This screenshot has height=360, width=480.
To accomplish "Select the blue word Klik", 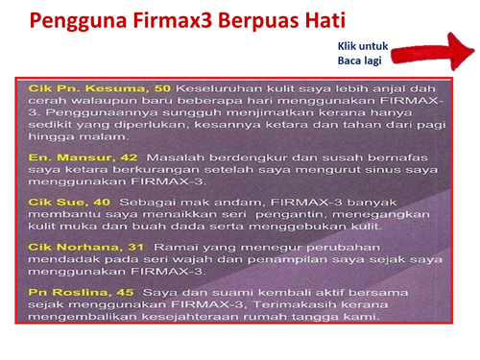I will point(349,45).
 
